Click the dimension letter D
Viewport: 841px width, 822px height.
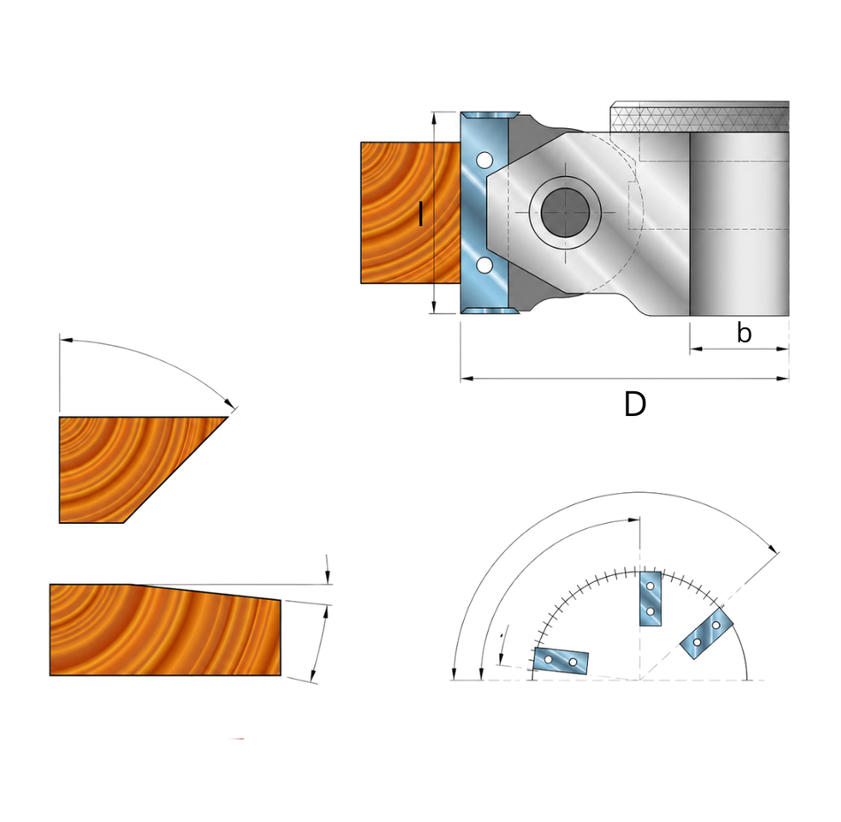[635, 404]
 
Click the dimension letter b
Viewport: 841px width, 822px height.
[744, 333]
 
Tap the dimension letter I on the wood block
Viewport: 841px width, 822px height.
[421, 213]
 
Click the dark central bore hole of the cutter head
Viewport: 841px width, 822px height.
[566, 212]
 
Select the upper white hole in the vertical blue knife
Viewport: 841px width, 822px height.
[484, 160]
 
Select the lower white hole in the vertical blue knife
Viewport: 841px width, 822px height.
[484, 265]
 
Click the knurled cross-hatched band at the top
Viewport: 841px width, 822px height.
[700, 117]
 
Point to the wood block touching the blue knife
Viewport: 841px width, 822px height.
[410, 213]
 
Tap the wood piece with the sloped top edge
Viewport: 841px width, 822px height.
[166, 630]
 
